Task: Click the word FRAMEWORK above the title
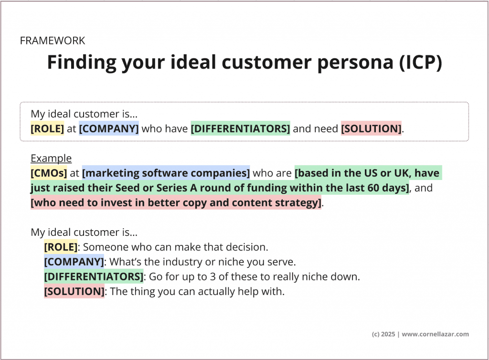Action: tap(53, 41)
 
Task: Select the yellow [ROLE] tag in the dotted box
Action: tap(47, 128)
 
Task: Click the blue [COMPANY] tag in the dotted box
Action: tap(109, 128)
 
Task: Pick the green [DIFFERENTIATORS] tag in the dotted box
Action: tap(240, 128)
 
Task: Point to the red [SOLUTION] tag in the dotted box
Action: tap(371, 128)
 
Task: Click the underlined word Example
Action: tap(51, 159)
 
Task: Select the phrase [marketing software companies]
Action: tap(166, 173)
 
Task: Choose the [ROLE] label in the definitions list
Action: tap(61, 247)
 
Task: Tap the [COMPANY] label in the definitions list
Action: tap(74, 262)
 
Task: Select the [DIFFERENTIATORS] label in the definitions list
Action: tap(94, 276)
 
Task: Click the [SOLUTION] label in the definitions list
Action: tap(74, 291)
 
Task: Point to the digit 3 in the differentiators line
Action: tap(210, 276)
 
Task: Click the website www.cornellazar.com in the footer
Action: tap(436, 334)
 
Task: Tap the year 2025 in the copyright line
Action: tap(388, 334)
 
